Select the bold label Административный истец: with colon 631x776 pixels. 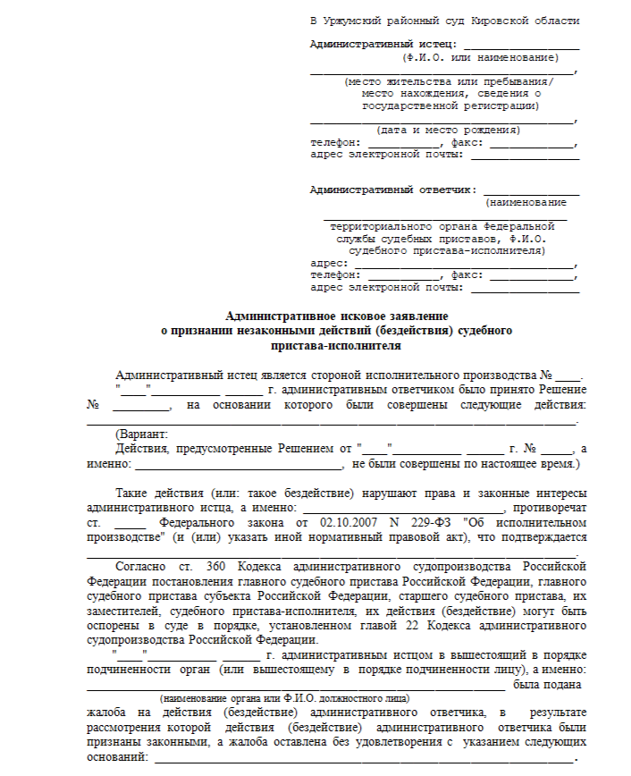(383, 44)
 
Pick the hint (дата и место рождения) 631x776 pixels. (442, 131)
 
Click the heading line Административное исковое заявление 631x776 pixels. (336, 316)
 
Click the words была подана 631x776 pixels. (546, 685)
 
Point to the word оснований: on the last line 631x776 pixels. (116, 756)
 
